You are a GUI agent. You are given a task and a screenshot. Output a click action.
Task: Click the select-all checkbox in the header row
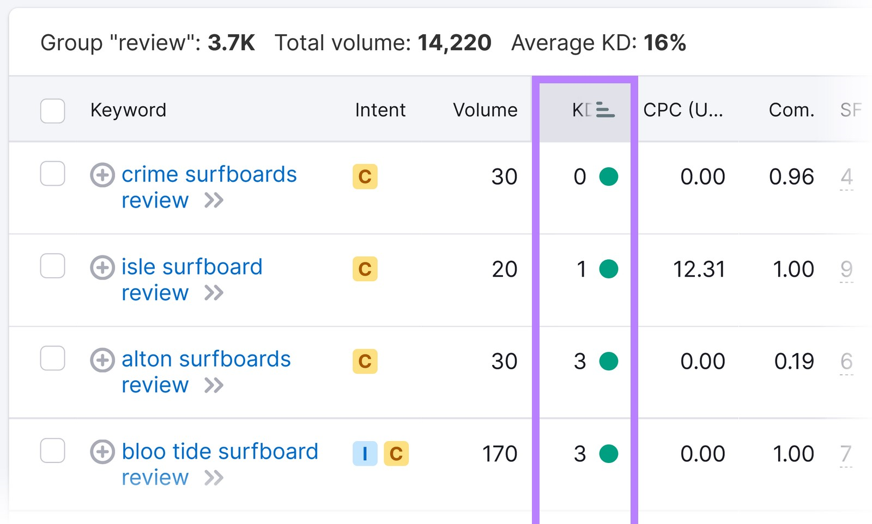[53, 111]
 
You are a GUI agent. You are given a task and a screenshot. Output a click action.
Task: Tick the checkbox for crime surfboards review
[53, 174]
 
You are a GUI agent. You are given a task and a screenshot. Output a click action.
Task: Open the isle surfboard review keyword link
[191, 267]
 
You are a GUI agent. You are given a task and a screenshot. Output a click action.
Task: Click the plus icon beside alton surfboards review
[102, 360]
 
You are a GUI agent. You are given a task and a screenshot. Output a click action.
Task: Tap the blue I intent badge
[365, 453]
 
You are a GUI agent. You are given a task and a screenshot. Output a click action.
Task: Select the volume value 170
[499, 454]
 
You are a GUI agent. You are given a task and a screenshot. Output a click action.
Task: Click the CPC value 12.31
[699, 269]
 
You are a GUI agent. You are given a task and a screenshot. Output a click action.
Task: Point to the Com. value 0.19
[794, 361]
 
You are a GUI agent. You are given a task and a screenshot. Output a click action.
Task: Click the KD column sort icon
[605, 110]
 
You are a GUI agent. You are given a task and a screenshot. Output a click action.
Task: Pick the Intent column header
[380, 110]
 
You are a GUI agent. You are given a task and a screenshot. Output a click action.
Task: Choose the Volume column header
[485, 110]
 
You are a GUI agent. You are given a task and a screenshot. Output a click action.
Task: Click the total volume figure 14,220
[455, 42]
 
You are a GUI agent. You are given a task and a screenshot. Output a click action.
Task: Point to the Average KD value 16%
[664, 42]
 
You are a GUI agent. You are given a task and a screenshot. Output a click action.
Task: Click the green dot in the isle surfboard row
[608, 269]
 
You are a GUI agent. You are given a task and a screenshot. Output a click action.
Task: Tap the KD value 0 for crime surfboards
[580, 176]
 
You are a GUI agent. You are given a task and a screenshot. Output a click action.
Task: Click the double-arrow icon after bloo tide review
[214, 478]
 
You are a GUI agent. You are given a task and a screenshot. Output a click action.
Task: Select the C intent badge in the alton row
[365, 361]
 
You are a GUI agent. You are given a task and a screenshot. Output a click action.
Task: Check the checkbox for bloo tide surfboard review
[53, 450]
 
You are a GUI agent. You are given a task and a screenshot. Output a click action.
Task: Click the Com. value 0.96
[791, 176]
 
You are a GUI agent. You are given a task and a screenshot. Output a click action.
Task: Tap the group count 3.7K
[231, 42]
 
